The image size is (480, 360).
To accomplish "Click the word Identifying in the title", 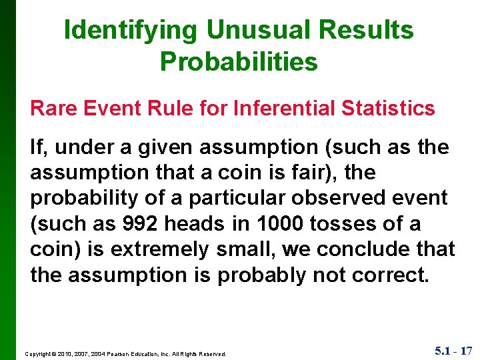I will point(131,30).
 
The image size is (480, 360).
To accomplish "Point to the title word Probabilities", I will point(239,61).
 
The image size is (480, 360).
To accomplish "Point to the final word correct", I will point(390,275).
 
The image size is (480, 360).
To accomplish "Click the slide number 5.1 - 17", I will point(453,350).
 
